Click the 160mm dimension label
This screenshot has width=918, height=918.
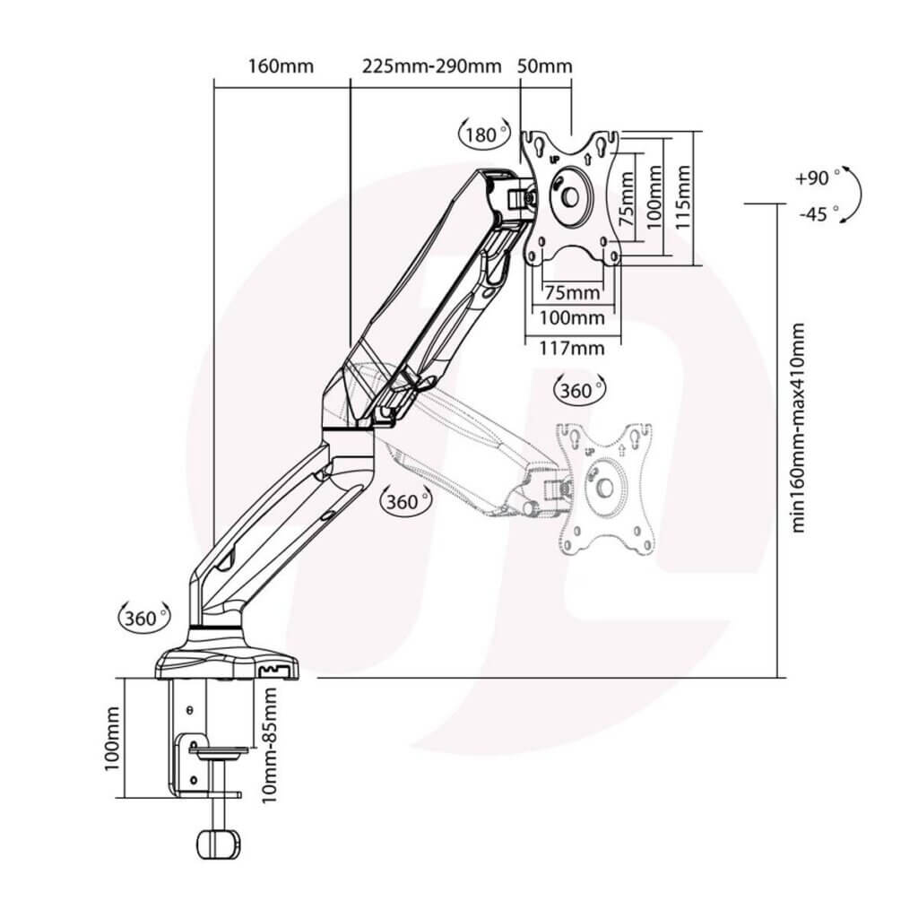pos(281,65)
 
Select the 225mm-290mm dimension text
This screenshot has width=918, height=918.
pos(432,65)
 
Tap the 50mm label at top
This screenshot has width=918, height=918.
pos(545,65)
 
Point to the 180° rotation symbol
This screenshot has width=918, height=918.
pos(483,134)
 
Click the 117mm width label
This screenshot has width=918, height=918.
pos(571,349)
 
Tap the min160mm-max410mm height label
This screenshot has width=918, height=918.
pos(797,428)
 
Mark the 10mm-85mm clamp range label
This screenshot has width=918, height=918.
pos(269,745)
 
